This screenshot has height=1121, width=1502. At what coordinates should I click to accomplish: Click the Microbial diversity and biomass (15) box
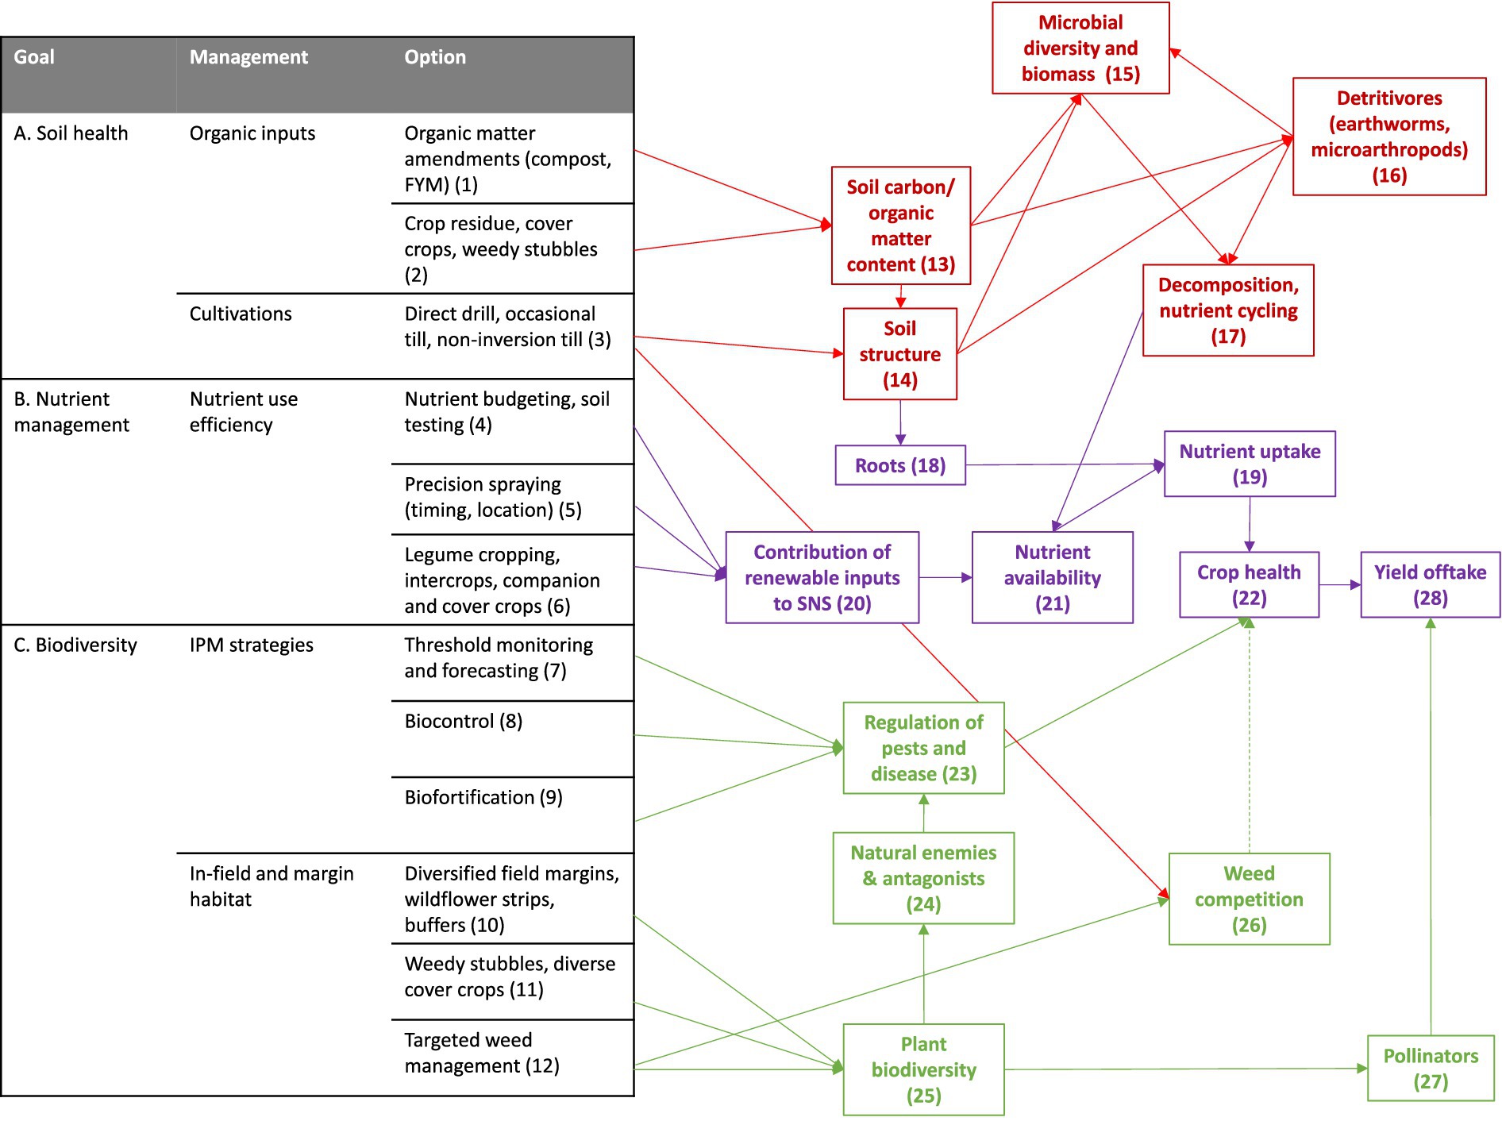click(1080, 48)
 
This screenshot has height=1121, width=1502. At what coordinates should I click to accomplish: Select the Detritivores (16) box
click(1388, 137)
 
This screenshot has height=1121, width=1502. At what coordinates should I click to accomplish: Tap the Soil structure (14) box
click(899, 354)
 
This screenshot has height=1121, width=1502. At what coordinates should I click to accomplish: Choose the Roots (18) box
click(899, 465)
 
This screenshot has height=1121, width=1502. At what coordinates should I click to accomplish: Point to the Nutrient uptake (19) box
click(1249, 464)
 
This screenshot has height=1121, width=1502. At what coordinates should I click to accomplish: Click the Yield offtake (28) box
click(1430, 585)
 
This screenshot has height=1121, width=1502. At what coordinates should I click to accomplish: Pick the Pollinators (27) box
click(1430, 1069)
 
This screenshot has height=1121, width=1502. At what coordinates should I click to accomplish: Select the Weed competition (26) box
click(1249, 899)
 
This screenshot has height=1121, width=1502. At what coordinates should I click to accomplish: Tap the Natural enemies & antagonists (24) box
click(923, 878)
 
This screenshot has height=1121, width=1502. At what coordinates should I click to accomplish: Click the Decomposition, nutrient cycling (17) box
click(1227, 310)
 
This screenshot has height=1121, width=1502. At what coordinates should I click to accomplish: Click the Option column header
click(435, 57)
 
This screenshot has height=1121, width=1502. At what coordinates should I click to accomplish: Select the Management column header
click(248, 57)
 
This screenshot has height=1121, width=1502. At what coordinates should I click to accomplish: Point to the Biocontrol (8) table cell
click(464, 722)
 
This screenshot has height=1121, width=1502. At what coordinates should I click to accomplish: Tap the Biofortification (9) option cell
click(483, 798)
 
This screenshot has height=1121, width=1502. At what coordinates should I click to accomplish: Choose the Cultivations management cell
click(241, 314)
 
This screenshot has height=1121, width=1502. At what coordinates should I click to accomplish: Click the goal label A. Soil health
click(71, 133)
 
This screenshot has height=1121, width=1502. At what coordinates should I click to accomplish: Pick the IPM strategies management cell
click(251, 645)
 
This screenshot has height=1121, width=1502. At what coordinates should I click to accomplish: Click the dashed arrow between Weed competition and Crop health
click(1249, 738)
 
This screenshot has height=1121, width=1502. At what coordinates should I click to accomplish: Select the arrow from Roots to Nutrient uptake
click(1064, 464)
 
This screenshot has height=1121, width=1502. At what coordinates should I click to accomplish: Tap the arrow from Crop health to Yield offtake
click(1339, 585)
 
